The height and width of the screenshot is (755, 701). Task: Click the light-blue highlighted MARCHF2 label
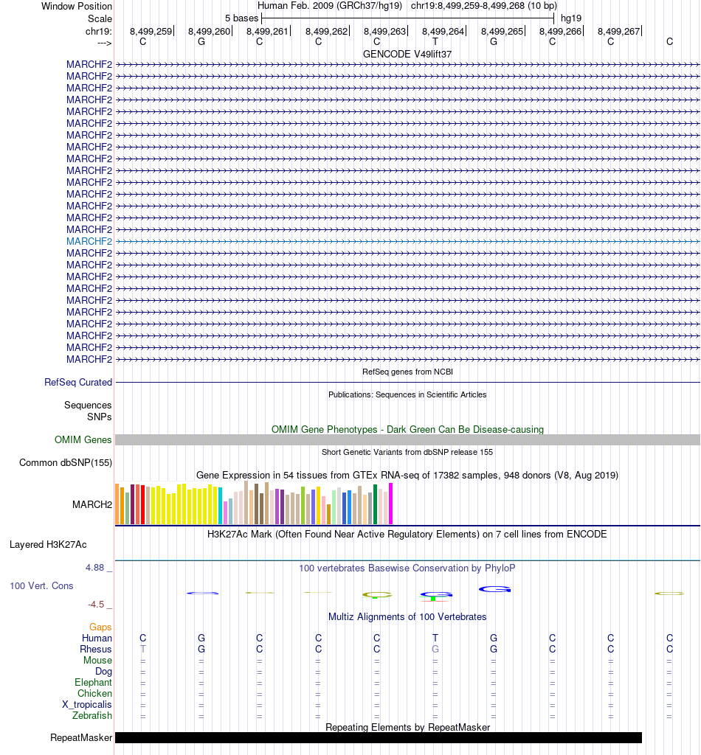pyautogui.click(x=89, y=241)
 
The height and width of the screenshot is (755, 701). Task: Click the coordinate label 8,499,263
pyautogui.click(x=384, y=32)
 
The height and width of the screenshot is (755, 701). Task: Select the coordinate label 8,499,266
pyautogui.click(x=560, y=32)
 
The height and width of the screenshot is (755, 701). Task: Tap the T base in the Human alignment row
pyautogui.click(x=435, y=638)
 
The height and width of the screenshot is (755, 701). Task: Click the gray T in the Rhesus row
pyautogui.click(x=143, y=649)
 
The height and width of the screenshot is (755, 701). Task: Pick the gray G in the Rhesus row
pyautogui.click(x=435, y=649)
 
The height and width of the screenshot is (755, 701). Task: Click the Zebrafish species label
pyautogui.click(x=92, y=715)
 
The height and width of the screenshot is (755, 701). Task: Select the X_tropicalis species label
pyautogui.click(x=87, y=704)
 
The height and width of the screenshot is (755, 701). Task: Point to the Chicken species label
pyautogui.click(x=94, y=693)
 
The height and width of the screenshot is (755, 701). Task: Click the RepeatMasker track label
pyautogui.click(x=81, y=737)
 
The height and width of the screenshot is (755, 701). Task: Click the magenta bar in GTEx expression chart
pyautogui.click(x=391, y=504)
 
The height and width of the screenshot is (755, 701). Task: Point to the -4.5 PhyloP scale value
pyautogui.click(x=96, y=605)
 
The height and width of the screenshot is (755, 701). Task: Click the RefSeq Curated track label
pyautogui.click(x=78, y=383)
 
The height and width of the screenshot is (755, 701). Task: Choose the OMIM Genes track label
pyautogui.click(x=83, y=439)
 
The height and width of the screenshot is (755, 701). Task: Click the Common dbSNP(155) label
pyautogui.click(x=65, y=462)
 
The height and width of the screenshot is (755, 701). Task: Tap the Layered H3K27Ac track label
pyautogui.click(x=48, y=545)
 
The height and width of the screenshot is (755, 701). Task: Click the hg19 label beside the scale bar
pyautogui.click(x=570, y=17)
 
